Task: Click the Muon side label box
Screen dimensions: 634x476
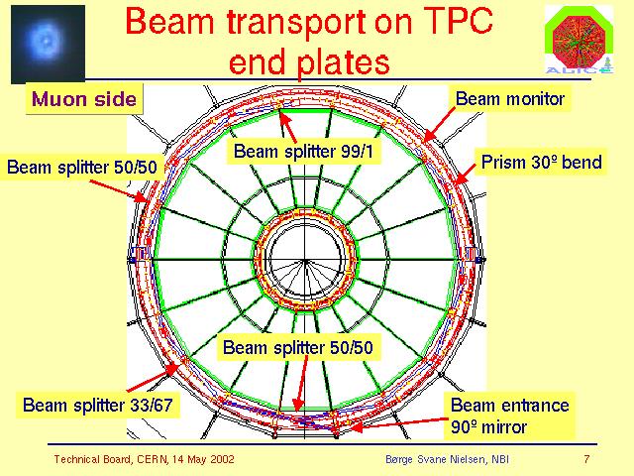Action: [x=84, y=99]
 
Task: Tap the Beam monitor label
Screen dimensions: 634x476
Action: [x=510, y=98]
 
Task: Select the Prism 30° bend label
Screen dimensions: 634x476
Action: [x=541, y=162]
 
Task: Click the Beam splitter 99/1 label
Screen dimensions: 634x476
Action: [x=304, y=152]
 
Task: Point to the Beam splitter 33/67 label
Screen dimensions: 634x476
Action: [x=98, y=405]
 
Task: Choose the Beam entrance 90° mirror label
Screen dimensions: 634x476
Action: [x=509, y=416]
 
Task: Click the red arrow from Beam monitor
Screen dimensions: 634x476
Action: [x=439, y=124]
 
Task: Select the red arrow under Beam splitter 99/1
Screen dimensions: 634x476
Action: [x=287, y=127]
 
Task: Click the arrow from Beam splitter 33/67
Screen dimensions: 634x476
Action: [x=153, y=378]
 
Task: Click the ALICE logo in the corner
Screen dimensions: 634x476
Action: [x=579, y=40]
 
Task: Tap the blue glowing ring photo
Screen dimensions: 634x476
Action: [x=48, y=44]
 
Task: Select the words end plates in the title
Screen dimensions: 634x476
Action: [x=309, y=61]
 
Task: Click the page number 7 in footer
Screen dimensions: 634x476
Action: [x=586, y=459]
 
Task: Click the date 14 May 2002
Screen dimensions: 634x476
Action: [x=203, y=459]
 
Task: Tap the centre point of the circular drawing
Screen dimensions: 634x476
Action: [x=305, y=260]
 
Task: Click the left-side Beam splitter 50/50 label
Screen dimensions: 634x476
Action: [x=81, y=167]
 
